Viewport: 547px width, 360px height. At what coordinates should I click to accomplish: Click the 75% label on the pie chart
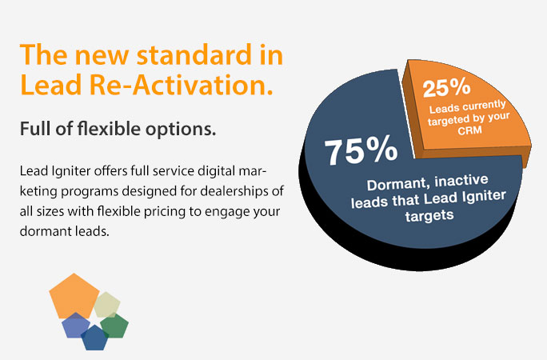coord(361,152)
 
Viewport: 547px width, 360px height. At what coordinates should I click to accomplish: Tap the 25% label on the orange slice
coord(446,87)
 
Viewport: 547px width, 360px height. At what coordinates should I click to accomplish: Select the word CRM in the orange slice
coord(470,131)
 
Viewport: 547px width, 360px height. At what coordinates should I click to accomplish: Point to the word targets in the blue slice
coord(429,215)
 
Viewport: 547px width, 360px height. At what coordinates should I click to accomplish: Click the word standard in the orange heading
coord(194,54)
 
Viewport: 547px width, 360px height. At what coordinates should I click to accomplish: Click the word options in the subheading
coord(181,130)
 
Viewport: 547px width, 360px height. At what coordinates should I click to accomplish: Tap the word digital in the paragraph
coord(216,172)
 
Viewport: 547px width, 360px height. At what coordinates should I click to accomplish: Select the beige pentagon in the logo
coord(107,305)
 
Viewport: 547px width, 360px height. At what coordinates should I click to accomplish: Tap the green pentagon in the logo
coord(115,326)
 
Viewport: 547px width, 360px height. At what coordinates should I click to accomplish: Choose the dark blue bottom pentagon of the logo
coord(94,338)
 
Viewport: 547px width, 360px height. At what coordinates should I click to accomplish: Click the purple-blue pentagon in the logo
coord(75,326)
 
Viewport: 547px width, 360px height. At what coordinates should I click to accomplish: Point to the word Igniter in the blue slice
coord(484,197)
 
